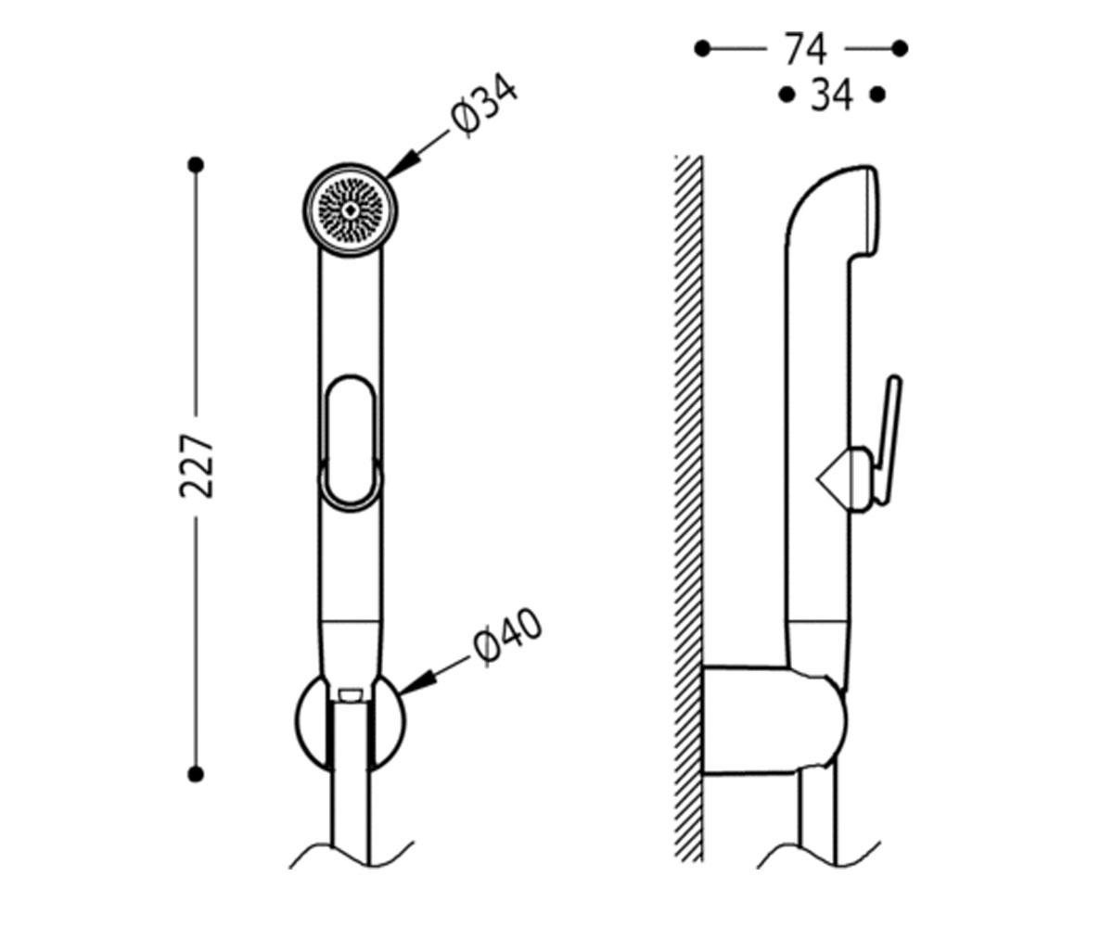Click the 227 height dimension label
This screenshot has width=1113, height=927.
coord(196,465)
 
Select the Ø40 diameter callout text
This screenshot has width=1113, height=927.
coord(508,637)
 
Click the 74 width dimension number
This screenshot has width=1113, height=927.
coord(806,49)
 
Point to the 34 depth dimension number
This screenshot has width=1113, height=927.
coord(832,95)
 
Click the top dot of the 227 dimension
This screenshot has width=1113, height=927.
coord(196,165)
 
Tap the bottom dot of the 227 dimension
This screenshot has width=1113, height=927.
coord(196,773)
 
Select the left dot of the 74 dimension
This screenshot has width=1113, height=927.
coord(702,48)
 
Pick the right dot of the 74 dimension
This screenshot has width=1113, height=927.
coord(900,48)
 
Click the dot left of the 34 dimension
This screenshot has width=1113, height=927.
coord(787,95)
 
